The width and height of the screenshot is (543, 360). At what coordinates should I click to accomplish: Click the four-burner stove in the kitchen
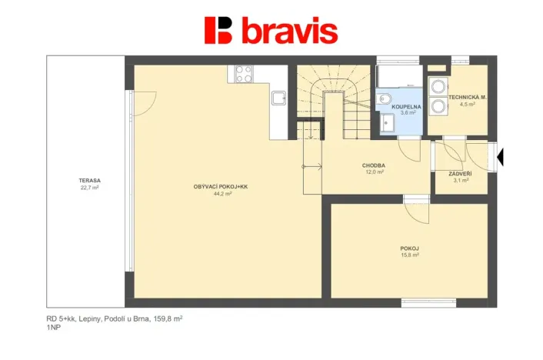click(x=243, y=74)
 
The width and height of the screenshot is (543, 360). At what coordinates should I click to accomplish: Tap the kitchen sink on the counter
click(x=278, y=98)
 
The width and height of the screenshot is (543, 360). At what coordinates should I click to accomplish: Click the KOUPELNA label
click(x=400, y=106)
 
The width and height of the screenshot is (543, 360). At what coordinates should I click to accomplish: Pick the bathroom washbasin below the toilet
click(x=388, y=122)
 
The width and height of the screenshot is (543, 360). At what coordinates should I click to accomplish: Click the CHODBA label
click(x=374, y=165)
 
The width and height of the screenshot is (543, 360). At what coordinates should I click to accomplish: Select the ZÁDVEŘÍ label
click(x=460, y=174)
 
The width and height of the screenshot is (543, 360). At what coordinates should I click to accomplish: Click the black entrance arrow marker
click(x=501, y=158)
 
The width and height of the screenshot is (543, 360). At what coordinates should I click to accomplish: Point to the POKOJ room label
click(x=409, y=248)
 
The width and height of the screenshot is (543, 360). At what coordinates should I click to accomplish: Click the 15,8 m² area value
click(x=409, y=255)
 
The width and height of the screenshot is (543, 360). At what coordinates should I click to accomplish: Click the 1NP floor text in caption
click(x=54, y=327)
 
